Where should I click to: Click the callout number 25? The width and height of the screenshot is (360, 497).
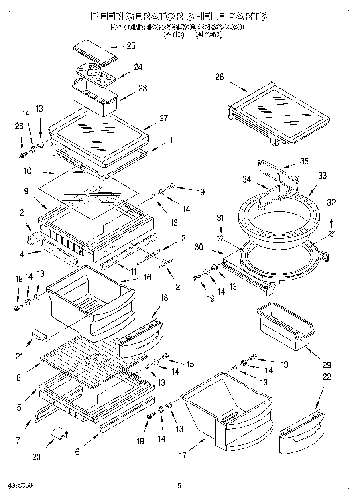click(131, 46)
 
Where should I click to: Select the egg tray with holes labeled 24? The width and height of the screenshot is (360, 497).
click(95, 74)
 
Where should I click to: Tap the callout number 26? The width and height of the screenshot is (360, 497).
click(219, 77)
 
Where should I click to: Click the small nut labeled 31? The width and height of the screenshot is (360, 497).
click(220, 239)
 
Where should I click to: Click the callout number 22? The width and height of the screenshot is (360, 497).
click(327, 377)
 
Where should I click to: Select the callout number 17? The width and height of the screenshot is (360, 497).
click(183, 455)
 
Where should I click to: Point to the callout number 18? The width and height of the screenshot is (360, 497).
click(164, 298)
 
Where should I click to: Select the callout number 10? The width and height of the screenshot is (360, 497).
click(28, 170)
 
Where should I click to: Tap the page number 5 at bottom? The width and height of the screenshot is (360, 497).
click(180, 486)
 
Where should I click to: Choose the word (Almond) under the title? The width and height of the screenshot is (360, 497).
click(208, 34)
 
